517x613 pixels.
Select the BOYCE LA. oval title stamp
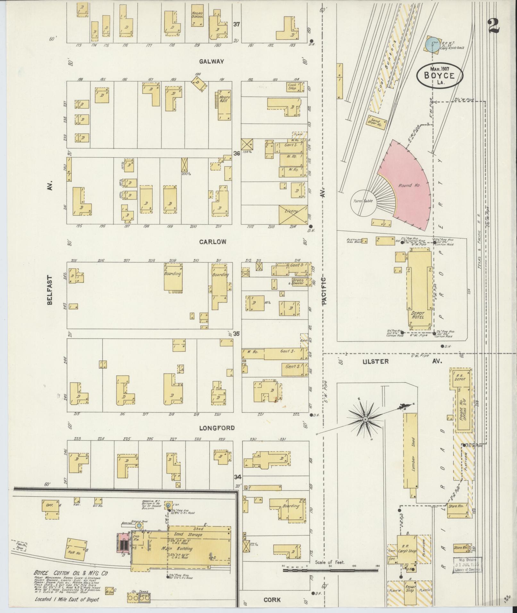(x=439, y=76)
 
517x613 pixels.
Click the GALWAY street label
(x=211, y=62)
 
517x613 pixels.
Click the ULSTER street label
(x=375, y=361)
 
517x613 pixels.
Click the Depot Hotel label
(x=417, y=315)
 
